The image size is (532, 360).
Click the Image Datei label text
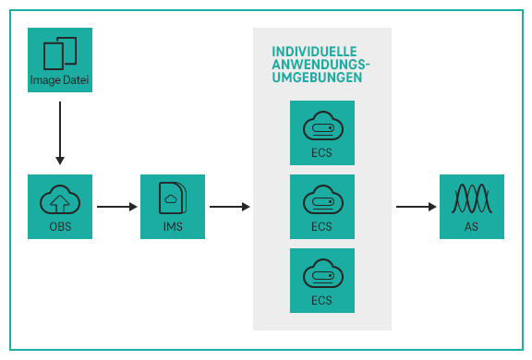(x=60, y=80)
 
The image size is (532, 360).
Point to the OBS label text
(x=60, y=227)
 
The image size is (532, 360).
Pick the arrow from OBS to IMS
(x=116, y=207)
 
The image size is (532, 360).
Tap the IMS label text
(x=173, y=227)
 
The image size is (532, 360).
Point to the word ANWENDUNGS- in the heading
(x=320, y=65)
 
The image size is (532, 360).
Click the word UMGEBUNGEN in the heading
(x=316, y=78)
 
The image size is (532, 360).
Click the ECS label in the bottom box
(x=321, y=300)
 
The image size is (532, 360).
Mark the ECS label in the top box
(x=321, y=153)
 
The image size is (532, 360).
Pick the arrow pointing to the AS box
(x=417, y=207)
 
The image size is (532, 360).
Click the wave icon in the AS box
(x=472, y=198)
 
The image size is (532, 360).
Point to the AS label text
(x=472, y=227)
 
